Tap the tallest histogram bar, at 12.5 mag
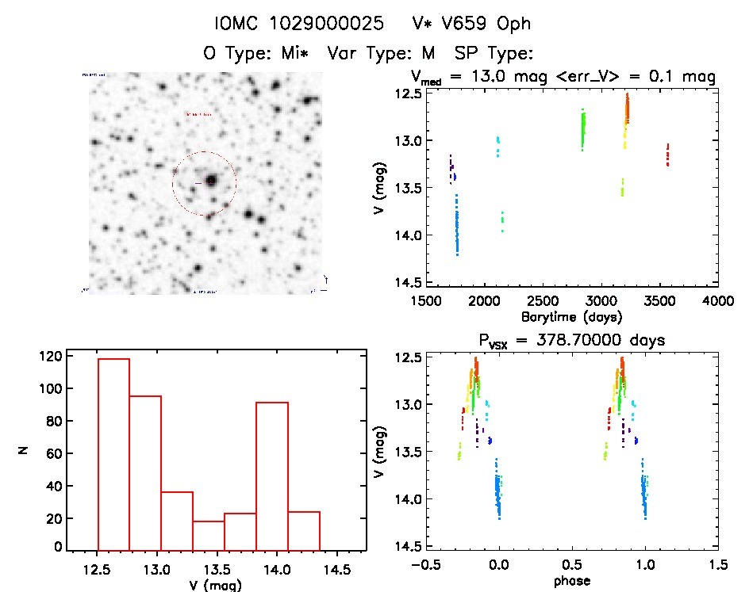click(113, 453)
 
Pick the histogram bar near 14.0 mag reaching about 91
click(272, 476)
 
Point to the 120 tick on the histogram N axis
click(48, 357)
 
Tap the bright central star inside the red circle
click(211, 181)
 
